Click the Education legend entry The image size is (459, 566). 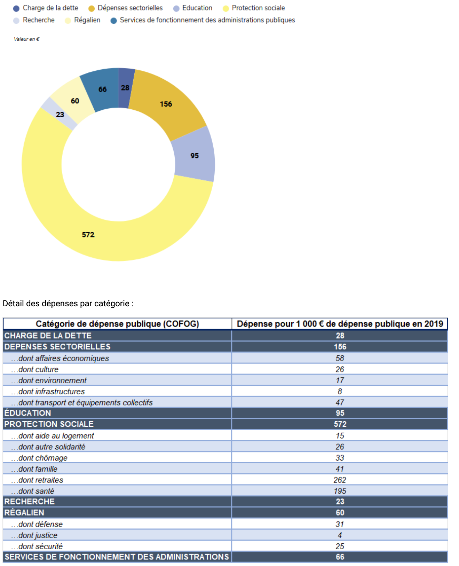[192, 8]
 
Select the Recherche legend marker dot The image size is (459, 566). [16, 21]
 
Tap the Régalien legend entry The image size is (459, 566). [82, 20]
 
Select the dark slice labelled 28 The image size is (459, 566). [125, 88]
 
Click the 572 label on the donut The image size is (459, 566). [88, 235]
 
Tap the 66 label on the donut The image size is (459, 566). [103, 89]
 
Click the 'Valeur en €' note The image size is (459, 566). [26, 39]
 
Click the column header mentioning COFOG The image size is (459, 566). [117, 324]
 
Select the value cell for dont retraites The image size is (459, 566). [340, 480]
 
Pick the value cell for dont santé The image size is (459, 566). [340, 491]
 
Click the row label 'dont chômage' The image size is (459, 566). [39, 458]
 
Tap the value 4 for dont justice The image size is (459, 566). [340, 535]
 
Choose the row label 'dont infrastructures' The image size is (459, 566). [48, 391]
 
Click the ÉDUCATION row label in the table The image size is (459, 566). [27, 413]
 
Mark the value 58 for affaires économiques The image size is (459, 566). [340, 358]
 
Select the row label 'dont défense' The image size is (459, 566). [37, 524]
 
